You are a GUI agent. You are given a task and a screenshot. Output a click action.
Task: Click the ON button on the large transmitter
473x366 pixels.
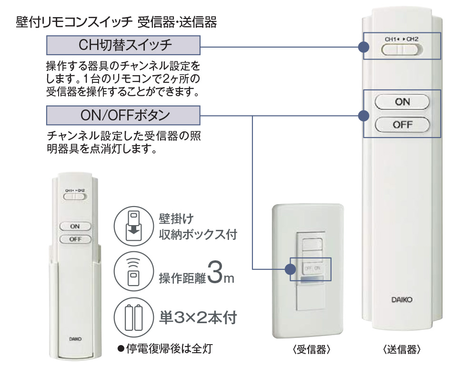tap(402, 101)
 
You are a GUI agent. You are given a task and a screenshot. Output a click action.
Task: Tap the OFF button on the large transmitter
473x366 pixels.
tap(402, 125)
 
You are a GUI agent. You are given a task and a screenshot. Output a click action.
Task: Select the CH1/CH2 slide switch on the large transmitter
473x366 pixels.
tap(402, 50)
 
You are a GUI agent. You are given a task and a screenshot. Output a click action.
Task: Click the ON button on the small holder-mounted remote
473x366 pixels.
tap(75, 227)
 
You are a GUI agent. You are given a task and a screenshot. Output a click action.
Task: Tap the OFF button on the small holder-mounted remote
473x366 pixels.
tap(75, 239)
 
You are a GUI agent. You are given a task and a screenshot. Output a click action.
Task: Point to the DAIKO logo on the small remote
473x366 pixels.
tap(75, 339)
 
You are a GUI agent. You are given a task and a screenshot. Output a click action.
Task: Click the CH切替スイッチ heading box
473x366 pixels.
tap(123, 47)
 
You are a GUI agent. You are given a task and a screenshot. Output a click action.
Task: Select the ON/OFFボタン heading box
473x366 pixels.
tap(123, 115)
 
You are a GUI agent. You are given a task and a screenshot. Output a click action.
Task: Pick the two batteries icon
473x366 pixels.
tap(133, 317)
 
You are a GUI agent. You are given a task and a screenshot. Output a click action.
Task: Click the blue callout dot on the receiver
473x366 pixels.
tap(290, 269)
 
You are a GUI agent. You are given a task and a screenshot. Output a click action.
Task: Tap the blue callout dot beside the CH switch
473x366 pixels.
tap(363, 47)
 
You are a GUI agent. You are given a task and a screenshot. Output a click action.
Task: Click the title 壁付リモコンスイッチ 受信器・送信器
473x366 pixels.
tap(116, 22)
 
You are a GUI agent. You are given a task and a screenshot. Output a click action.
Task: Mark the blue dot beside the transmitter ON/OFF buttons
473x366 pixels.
tap(363, 115)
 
